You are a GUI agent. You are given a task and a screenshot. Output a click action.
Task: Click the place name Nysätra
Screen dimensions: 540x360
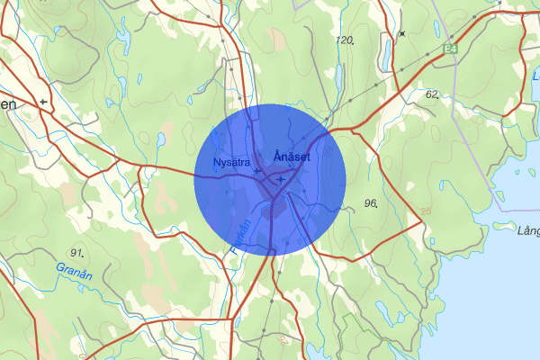pos(231,162)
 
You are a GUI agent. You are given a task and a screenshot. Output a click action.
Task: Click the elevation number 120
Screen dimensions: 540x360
pos(345,41)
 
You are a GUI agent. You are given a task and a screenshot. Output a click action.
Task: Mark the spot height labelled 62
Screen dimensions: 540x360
pos(432,94)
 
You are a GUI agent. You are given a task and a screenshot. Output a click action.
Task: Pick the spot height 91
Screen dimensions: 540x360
pos(77,252)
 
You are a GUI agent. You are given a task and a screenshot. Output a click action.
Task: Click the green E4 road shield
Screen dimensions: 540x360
pos(451,49)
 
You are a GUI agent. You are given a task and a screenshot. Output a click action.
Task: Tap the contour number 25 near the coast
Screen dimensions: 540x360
pos(426,213)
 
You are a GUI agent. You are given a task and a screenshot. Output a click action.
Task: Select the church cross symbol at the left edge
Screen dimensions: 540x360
pos(43,103)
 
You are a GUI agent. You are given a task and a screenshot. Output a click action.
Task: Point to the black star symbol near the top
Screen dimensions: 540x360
pos(402,33)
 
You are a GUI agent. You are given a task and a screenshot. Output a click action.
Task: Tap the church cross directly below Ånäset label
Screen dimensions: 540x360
pos(282,179)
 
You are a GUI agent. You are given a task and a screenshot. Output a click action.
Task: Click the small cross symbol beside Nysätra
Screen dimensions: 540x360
pos(257,170)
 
